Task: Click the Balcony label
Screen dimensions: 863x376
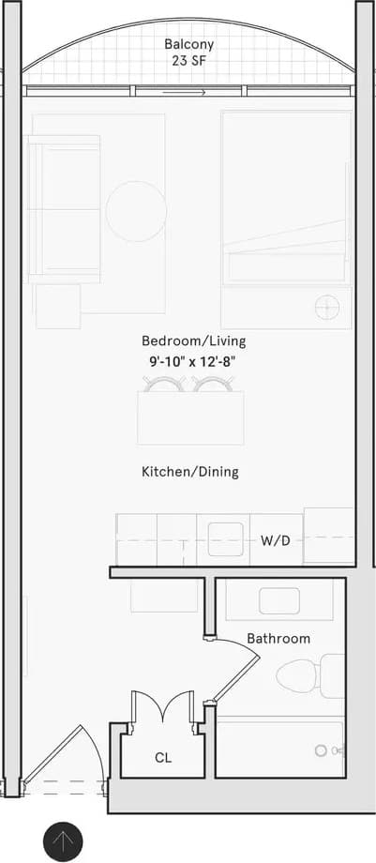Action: [x=189, y=44]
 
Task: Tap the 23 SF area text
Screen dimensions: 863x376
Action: [x=188, y=63]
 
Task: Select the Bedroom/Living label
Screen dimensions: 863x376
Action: [x=193, y=341]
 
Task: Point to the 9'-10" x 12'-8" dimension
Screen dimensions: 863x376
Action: [x=193, y=359]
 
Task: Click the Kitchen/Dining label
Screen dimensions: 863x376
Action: [x=189, y=472]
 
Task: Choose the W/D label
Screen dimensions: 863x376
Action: [x=275, y=541]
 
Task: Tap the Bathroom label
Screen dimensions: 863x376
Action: [x=278, y=638]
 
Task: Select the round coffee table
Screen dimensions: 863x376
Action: [x=136, y=211]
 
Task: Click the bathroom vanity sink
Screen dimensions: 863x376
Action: [x=278, y=600]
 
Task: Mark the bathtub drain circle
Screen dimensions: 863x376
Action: [x=322, y=750]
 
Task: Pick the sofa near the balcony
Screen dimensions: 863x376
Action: [x=64, y=208]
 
